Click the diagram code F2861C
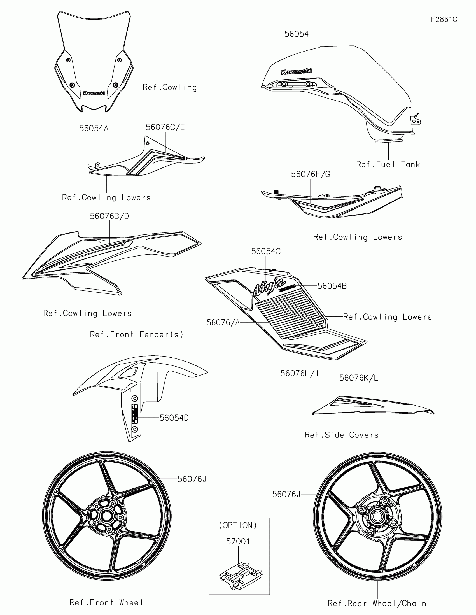(444, 19)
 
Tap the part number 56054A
(94, 129)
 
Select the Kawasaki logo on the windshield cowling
(94, 93)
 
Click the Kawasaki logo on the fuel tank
(296, 71)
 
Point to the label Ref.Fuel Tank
(388, 164)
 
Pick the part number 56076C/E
(165, 127)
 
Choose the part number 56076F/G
(311, 174)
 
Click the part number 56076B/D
(109, 216)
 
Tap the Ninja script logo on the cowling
(269, 286)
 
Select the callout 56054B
(332, 286)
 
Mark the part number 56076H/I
(300, 373)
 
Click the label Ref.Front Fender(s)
(137, 335)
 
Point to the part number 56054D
(174, 418)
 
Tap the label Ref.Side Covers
(342, 435)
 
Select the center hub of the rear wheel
(377, 516)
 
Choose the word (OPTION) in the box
(238, 525)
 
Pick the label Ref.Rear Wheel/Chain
(377, 604)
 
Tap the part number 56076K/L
(359, 378)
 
